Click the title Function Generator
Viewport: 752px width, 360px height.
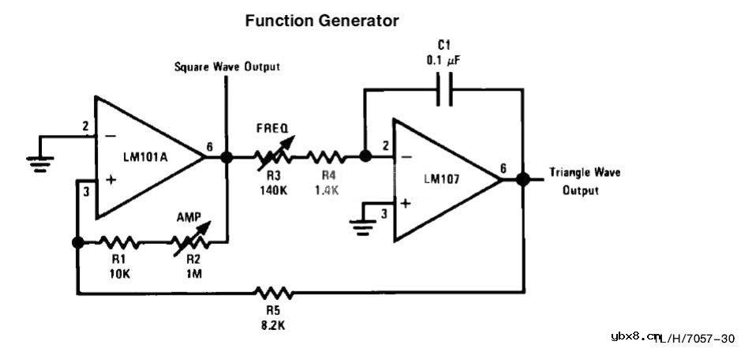[322, 21]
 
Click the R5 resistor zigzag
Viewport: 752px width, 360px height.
[274, 294]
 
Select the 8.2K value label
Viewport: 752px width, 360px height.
[274, 324]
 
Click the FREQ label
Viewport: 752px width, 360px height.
[271, 126]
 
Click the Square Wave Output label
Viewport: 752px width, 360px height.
[226, 67]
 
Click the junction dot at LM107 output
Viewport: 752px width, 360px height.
[522, 179]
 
